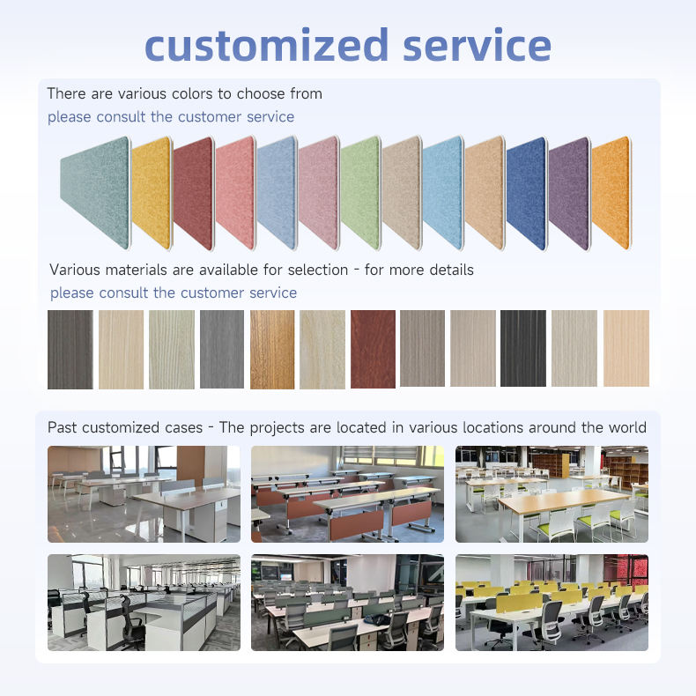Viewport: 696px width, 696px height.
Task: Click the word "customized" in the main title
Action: coord(266,45)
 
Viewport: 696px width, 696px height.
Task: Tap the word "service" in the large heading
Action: coord(478,45)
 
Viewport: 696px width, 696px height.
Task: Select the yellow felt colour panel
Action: coord(152,194)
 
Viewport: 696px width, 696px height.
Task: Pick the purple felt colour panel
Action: coord(570,194)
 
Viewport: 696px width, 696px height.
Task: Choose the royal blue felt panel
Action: coord(527,194)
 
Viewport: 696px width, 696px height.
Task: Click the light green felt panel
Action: coord(361,194)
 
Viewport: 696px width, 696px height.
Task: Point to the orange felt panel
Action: coord(611,194)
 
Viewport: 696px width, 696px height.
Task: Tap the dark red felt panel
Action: coord(194,194)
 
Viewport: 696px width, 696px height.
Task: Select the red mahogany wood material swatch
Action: coord(373,350)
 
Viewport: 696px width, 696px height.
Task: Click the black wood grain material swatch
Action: coord(523,349)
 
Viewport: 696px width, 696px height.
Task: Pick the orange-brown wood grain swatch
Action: coord(272,350)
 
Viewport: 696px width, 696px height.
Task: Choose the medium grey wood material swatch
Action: coord(222,350)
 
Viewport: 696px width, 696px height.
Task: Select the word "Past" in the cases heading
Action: coord(63,427)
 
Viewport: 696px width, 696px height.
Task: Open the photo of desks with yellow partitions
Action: coord(552,603)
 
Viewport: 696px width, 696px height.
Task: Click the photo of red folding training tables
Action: coord(347,494)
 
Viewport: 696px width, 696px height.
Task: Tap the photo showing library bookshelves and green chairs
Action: coord(552,494)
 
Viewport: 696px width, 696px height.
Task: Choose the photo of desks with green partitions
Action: coord(347,603)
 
